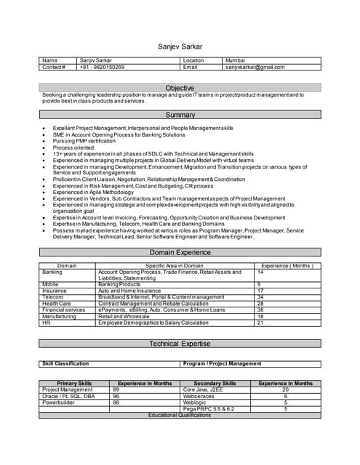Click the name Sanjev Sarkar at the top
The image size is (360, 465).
click(x=180, y=46)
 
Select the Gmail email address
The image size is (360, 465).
click(x=255, y=67)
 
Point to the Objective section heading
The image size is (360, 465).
click(x=180, y=88)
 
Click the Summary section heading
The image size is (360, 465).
click(x=180, y=115)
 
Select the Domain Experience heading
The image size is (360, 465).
click(x=180, y=252)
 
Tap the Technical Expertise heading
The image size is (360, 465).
click(x=180, y=344)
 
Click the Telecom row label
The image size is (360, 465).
click(x=53, y=296)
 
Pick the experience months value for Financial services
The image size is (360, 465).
click(x=260, y=310)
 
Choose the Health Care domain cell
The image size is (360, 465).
click(x=57, y=303)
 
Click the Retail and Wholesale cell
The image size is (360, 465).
click(x=124, y=316)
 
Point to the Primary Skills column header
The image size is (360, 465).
click(x=74, y=383)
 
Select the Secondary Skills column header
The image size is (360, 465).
click(x=215, y=383)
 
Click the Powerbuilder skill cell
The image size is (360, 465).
click(x=60, y=403)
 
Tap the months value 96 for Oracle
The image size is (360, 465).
click(x=116, y=396)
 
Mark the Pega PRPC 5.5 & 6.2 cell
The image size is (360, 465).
click(x=209, y=409)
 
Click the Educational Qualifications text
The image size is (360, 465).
click(x=180, y=415)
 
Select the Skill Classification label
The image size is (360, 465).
click(x=65, y=363)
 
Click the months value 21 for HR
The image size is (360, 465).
click(x=260, y=323)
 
